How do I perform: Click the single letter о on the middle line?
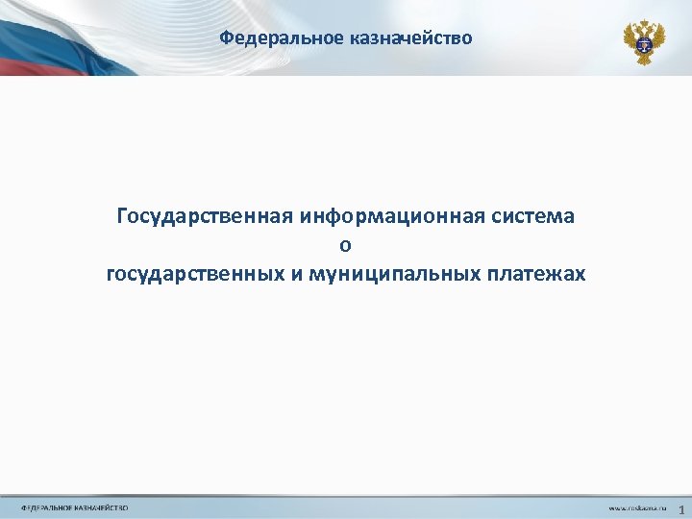(x=346, y=246)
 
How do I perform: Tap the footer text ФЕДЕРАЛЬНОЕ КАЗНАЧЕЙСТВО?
(x=75, y=507)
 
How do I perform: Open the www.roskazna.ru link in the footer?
(x=636, y=507)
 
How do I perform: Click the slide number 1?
(x=682, y=507)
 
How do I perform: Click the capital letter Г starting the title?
(x=122, y=215)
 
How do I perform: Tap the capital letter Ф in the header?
(x=225, y=38)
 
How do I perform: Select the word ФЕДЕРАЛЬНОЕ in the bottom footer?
(x=47, y=507)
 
